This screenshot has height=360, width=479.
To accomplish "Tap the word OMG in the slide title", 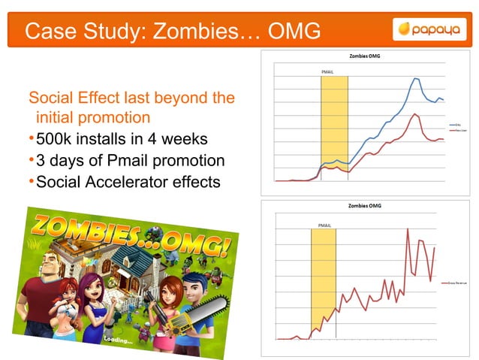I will pyautogui.click(x=292, y=31).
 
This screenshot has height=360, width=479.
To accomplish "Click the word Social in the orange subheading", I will pyautogui.click(x=51, y=98).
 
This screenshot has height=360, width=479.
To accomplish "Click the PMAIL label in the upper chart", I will pyautogui.click(x=327, y=72).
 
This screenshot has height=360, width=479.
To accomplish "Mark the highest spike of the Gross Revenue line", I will pyautogui.click(x=408, y=228).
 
